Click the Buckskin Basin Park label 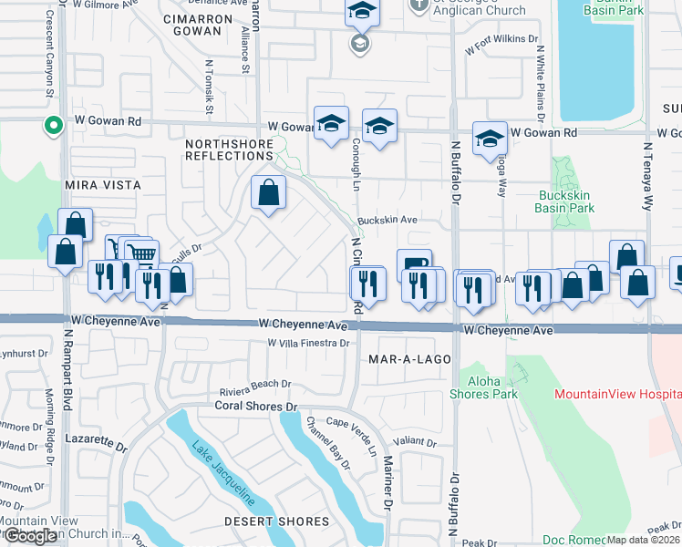[566, 201]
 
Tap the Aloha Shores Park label [482, 387]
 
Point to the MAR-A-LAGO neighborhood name [409, 359]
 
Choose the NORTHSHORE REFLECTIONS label [229, 150]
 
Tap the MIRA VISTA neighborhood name [103, 184]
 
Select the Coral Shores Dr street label [256, 406]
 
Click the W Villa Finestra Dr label [309, 343]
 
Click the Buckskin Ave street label [387, 220]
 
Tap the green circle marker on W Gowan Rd [54, 125]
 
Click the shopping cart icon [140, 254]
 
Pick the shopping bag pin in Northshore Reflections [268, 192]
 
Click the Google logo [32, 536]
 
